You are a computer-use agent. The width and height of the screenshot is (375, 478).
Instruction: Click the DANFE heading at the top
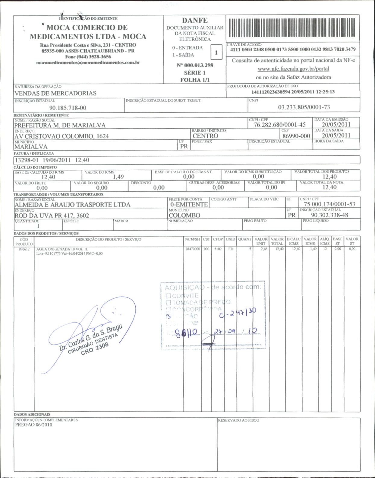(195, 20)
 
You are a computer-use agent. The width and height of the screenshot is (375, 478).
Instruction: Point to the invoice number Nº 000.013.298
(195, 65)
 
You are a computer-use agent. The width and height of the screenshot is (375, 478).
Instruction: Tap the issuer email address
(88, 63)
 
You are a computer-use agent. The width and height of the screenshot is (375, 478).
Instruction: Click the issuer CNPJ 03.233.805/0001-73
(304, 107)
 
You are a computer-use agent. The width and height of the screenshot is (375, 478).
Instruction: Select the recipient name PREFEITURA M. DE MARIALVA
(60, 125)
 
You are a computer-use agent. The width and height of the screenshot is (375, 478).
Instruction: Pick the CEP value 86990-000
(296, 136)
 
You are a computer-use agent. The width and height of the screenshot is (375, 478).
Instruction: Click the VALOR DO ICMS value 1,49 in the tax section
(118, 177)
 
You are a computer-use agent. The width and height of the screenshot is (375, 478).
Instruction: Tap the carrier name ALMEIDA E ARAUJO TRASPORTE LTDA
(72, 205)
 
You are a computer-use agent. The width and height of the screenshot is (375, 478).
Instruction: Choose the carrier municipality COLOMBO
(184, 215)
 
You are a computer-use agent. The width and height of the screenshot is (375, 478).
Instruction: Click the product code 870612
(24, 249)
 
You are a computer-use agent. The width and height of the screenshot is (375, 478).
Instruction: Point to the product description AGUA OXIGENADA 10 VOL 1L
(62, 249)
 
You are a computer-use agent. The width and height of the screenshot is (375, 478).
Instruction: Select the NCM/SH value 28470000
(192, 249)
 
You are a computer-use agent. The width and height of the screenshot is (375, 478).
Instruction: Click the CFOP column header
(218, 239)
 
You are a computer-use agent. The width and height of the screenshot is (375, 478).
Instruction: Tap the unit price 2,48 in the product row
(264, 249)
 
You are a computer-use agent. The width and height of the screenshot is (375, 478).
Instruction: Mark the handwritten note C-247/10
(237, 314)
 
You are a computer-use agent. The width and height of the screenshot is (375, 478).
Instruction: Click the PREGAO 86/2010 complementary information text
(33, 425)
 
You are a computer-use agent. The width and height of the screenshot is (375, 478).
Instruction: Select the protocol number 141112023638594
(271, 92)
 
